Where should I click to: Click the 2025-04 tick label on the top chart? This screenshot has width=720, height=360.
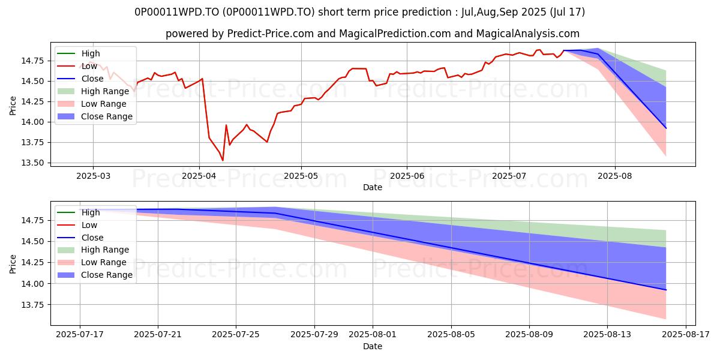[x=199, y=175]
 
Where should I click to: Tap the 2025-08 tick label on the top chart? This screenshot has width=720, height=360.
[x=615, y=175]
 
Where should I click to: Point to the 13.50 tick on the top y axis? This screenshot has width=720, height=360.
[x=33, y=163]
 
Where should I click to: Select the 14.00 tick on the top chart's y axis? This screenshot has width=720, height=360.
[x=33, y=122]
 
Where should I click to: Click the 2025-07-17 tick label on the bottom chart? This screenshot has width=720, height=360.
[x=79, y=334]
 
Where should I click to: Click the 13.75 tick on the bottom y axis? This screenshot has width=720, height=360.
[x=33, y=305]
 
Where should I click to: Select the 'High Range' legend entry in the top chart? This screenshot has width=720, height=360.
[x=105, y=91]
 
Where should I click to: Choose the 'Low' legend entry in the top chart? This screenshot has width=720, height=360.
[x=90, y=66]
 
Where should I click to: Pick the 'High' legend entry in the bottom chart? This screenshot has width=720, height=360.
[x=91, y=212]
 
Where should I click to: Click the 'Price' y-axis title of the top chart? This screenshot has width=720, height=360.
[x=13, y=106]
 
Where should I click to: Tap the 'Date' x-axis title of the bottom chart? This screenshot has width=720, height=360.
[x=373, y=346]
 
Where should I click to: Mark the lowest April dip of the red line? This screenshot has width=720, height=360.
[x=223, y=160]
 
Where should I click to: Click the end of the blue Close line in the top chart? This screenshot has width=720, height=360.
[x=666, y=128]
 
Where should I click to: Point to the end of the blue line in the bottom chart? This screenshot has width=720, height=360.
[x=666, y=290]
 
